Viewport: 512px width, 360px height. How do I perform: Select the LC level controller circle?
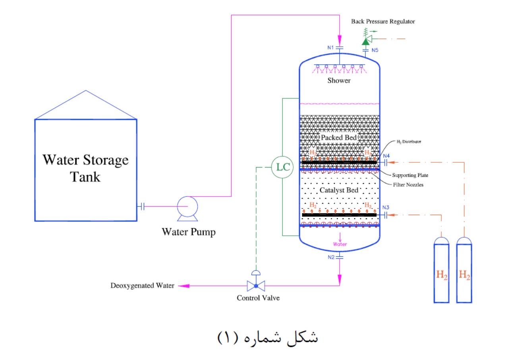[x=281, y=167]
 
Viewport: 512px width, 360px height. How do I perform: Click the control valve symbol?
[x=256, y=285]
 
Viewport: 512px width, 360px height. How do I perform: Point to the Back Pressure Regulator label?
[x=383, y=21]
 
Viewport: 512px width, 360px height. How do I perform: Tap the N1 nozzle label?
[x=330, y=48]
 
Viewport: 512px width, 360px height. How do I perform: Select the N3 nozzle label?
[x=385, y=207]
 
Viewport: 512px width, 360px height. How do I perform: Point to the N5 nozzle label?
[x=375, y=50]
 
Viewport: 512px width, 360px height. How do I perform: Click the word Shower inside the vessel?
[x=339, y=81]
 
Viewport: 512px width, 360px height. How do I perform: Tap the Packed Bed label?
[x=339, y=138]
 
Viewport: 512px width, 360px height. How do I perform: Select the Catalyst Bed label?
[x=339, y=190]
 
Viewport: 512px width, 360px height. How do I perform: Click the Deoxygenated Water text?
[x=142, y=286]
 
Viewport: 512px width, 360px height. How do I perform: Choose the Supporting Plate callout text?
[x=410, y=175]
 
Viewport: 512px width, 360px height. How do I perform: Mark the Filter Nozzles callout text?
[x=408, y=185]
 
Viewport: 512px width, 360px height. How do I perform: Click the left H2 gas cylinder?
[x=441, y=270]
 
